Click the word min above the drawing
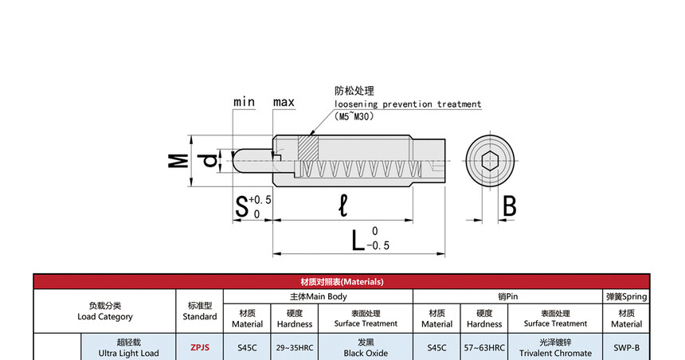tap(244, 102)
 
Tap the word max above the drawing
tap(284, 102)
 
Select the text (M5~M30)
tap(366, 116)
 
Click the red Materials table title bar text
tap(342, 282)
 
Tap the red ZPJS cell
tap(199, 347)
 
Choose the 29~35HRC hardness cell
tap(295, 347)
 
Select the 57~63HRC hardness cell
tap(484, 347)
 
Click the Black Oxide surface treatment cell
tap(365, 347)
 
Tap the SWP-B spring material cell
tap(627, 347)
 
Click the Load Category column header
tap(104, 311)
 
